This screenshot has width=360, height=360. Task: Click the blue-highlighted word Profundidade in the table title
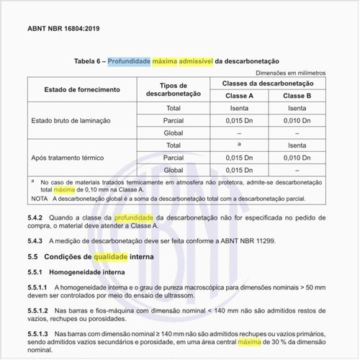(x=130, y=61)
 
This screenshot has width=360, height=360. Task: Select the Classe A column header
(x=239, y=96)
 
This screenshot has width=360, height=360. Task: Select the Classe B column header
(x=297, y=96)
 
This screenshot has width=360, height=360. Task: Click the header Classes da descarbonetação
(x=268, y=84)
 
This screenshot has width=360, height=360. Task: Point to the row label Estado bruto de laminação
(x=71, y=120)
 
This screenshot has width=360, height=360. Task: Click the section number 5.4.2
(x=36, y=217)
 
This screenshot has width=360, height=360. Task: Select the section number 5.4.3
(x=36, y=240)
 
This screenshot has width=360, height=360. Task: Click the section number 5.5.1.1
(x=39, y=288)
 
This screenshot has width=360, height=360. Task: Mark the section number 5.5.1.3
(x=39, y=336)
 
